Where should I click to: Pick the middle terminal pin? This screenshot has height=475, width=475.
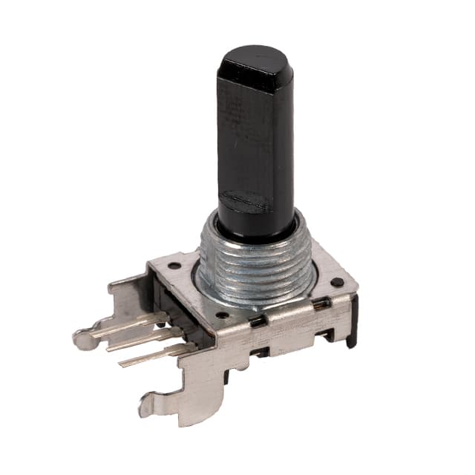(141, 341)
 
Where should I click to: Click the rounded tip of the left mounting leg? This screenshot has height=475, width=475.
(82, 340)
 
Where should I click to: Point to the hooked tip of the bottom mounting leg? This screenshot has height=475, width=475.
(146, 404)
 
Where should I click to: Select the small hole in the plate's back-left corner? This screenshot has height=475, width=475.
(174, 265)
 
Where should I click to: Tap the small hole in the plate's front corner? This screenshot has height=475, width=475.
(220, 315)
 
